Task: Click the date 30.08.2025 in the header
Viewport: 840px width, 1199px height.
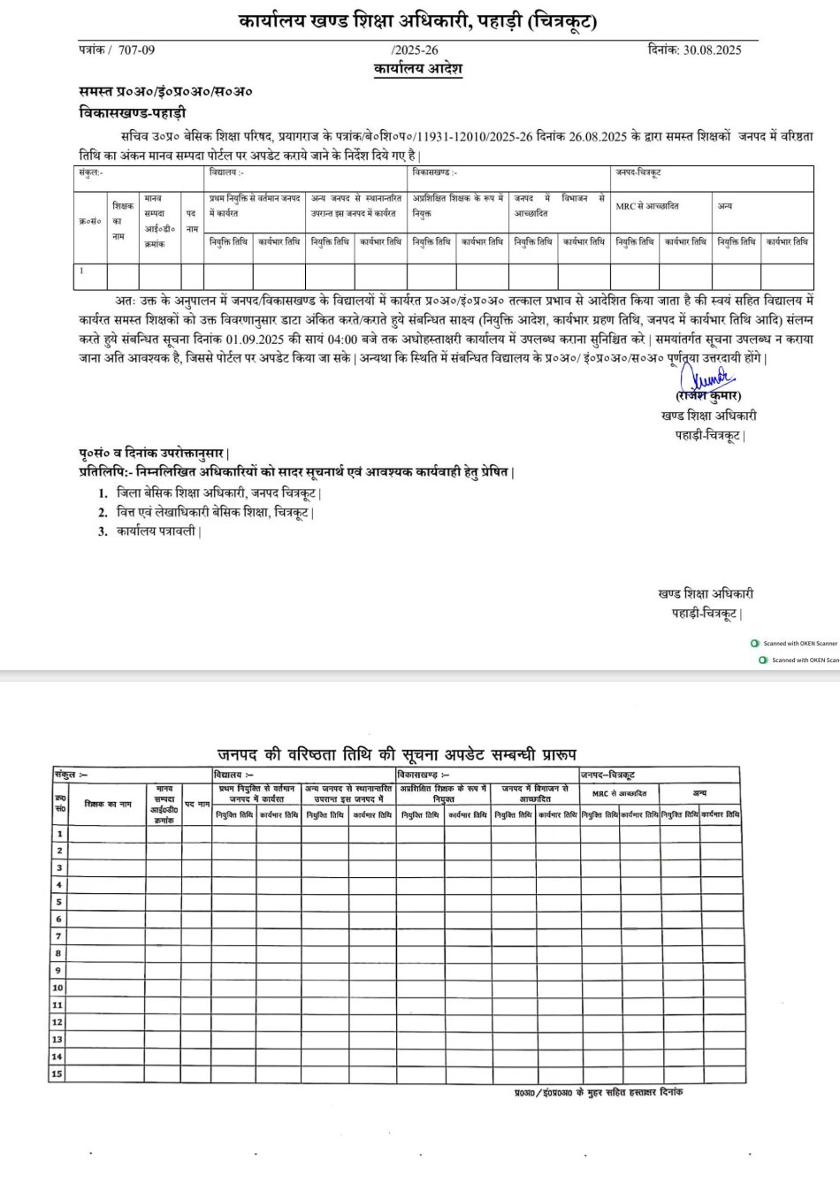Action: tap(712, 50)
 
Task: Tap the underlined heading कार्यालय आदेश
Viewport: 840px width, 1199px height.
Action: tap(417, 69)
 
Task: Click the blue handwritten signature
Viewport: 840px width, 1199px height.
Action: tap(711, 379)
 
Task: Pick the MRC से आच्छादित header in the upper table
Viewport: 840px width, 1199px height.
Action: tap(647, 206)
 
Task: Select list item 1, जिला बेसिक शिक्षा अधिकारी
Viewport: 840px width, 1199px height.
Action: tap(218, 493)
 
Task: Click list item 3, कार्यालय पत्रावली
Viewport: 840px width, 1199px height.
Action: tap(158, 531)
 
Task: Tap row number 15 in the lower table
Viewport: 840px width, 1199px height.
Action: tap(57, 1073)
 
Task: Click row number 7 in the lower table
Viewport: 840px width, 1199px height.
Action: tap(58, 936)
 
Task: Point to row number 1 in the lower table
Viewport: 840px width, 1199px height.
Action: tap(59, 833)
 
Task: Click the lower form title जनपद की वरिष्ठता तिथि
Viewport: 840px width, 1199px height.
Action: tap(396, 755)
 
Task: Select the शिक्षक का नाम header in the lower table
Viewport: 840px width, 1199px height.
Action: tap(108, 804)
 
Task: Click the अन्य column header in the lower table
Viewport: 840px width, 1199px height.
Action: tap(699, 793)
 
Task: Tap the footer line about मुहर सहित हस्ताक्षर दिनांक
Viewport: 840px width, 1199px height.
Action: tap(598, 1093)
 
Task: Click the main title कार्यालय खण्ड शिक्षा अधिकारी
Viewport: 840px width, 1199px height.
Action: tap(417, 22)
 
